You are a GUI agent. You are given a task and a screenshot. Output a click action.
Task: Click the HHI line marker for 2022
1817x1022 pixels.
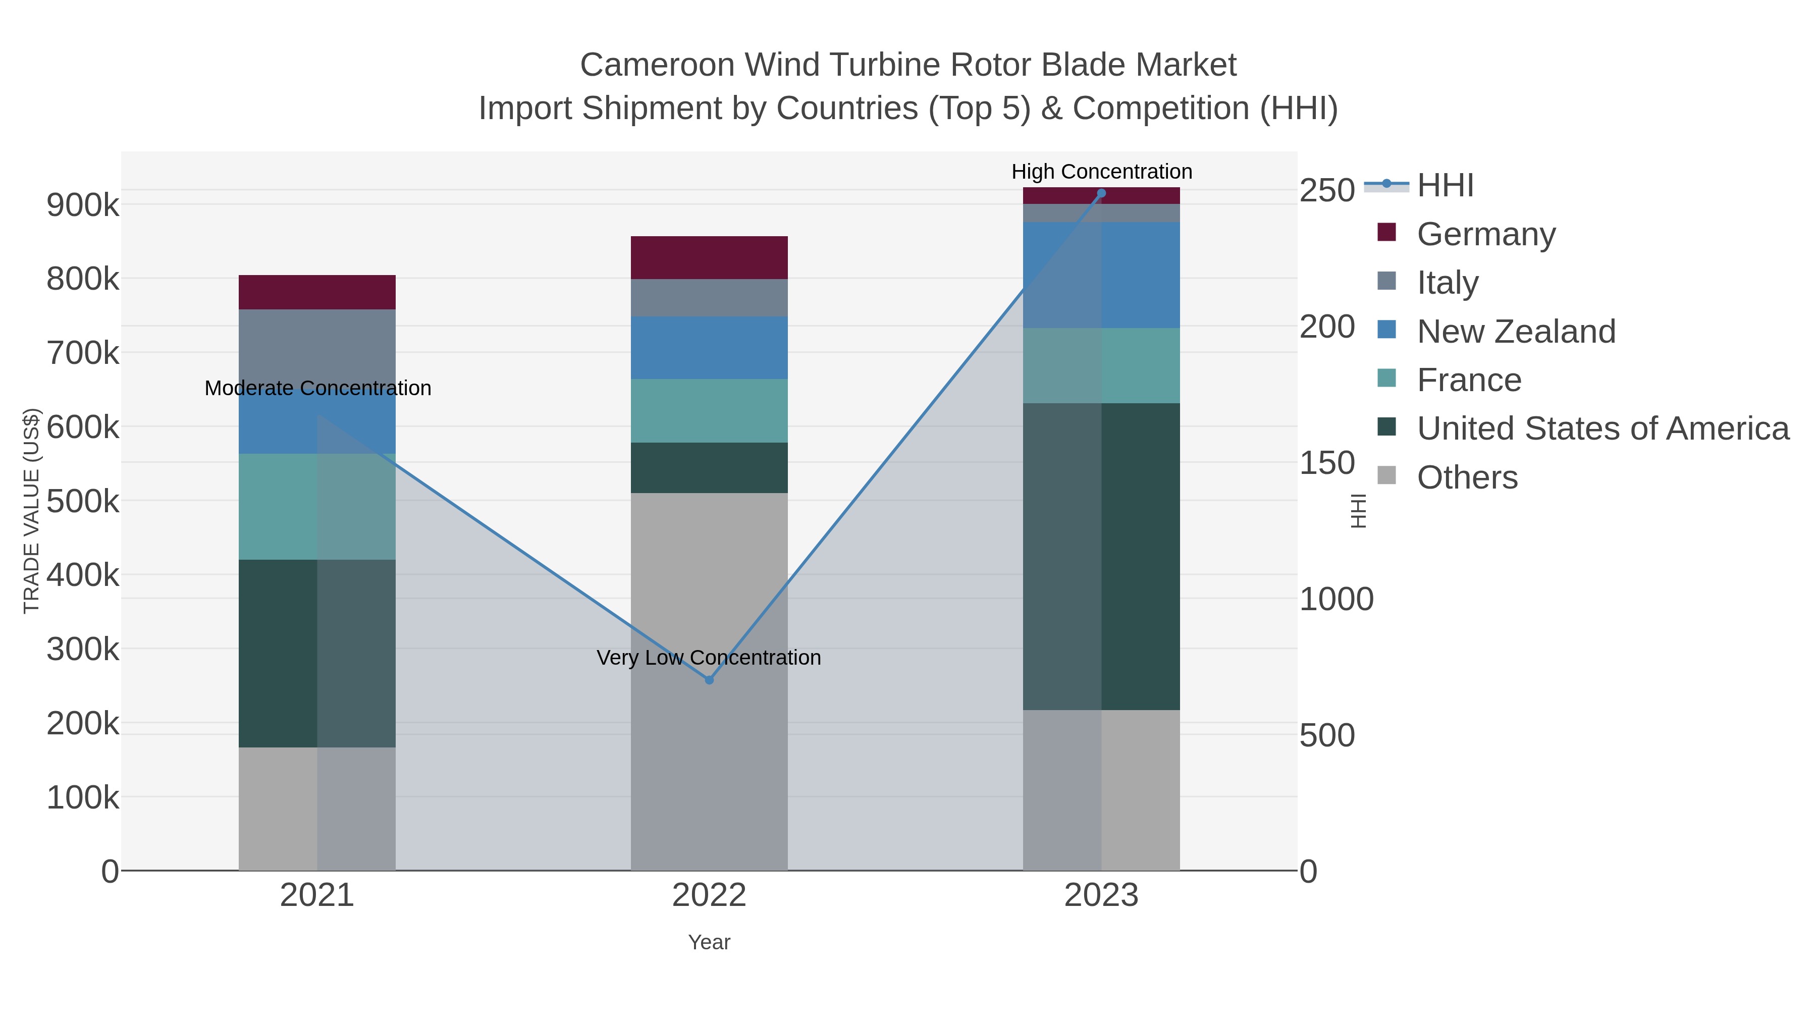[709, 680]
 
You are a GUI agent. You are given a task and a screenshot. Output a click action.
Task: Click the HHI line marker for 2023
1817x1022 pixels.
[1101, 193]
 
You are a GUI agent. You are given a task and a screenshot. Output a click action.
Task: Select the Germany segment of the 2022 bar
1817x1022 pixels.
[709, 257]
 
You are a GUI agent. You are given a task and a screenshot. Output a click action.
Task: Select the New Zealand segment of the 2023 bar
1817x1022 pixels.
[1101, 275]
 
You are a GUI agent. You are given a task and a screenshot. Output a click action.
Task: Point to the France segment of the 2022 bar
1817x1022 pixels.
[709, 410]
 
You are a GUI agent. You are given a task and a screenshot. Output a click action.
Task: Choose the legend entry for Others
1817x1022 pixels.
[1467, 477]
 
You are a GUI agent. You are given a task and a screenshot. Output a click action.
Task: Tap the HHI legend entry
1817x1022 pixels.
[1445, 186]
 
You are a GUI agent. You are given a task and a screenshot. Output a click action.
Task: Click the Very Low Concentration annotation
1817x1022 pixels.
[709, 657]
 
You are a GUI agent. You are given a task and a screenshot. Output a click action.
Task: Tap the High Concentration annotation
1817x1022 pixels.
[1101, 172]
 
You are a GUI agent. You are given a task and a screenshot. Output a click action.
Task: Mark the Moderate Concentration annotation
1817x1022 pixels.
[317, 388]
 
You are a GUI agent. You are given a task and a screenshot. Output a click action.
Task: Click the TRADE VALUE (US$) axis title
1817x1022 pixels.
[32, 511]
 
